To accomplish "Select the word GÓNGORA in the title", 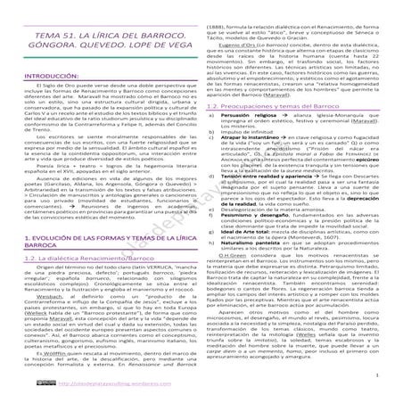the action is (x=52, y=51).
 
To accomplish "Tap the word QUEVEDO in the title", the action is (x=109, y=51).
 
